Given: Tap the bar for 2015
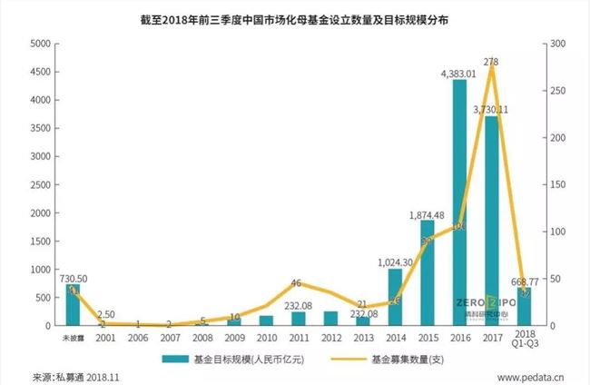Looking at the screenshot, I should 428,272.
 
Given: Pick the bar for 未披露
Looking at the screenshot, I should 73,305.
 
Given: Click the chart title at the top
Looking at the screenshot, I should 294,18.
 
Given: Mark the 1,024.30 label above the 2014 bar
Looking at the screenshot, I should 395,262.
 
